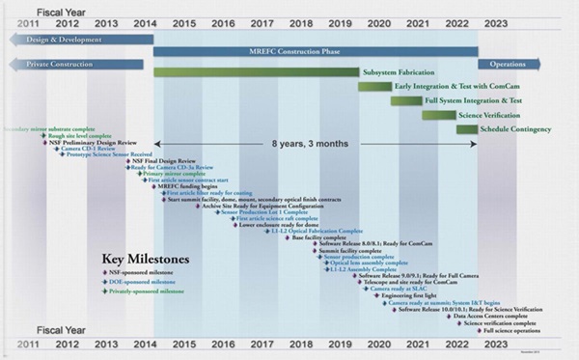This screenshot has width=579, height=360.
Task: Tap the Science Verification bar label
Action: click(x=492, y=115)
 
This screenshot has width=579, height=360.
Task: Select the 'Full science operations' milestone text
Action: click(x=508, y=331)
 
